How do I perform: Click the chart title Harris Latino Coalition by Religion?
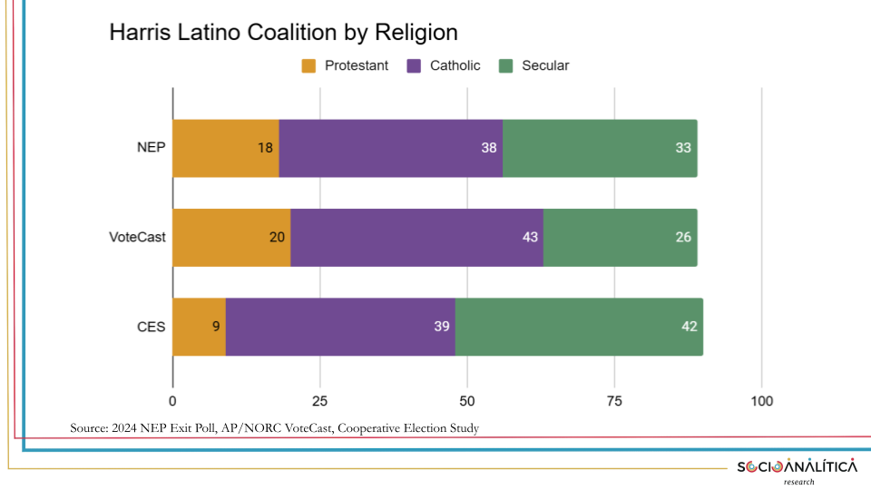coord(283,34)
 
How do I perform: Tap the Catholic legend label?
coord(455,65)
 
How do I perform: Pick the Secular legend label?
coord(545,65)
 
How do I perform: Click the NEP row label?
coord(151,148)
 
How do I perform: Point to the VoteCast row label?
coord(136,238)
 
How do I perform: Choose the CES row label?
coord(151,327)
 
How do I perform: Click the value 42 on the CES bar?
coord(690,327)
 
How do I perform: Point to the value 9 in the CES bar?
coord(216,327)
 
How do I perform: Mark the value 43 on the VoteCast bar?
coord(530,238)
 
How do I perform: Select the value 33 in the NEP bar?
coord(684,148)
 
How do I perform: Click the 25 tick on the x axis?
coord(319,401)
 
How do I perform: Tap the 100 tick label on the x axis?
coord(761,401)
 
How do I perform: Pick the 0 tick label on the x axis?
coord(172,401)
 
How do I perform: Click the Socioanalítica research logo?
coord(797,469)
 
